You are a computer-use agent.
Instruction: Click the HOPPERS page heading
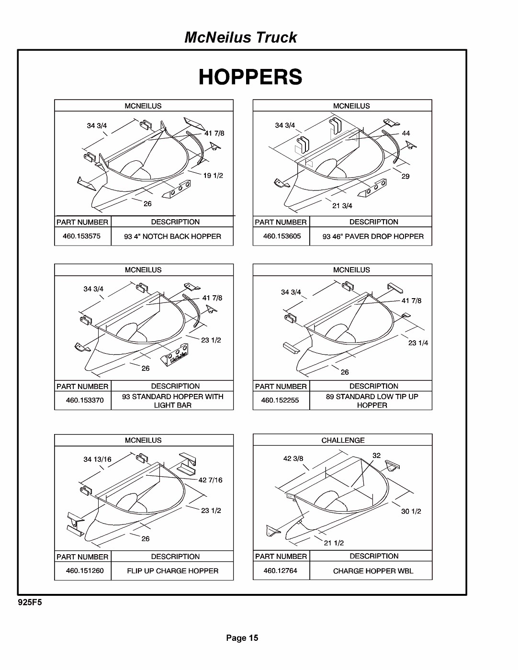[250, 77]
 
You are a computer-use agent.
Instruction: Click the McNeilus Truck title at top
[240, 37]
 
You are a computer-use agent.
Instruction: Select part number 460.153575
[82, 236]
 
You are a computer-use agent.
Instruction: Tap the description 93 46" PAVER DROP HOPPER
[372, 236]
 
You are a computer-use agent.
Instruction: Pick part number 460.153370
[85, 400]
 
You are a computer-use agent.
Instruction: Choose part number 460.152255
[280, 400]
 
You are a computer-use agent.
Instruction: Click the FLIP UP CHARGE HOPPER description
[172, 571]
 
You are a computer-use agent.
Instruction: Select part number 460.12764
[280, 570]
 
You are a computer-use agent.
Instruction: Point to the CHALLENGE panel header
[343, 440]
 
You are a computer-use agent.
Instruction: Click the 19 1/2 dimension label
[213, 176]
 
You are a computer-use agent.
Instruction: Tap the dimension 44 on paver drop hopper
[406, 134]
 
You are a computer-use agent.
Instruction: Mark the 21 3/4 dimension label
[342, 206]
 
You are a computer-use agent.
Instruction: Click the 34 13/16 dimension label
[97, 459]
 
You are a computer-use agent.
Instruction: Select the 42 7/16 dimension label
[211, 480]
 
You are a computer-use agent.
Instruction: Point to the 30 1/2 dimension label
[411, 512]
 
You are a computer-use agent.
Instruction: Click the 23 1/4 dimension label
[418, 343]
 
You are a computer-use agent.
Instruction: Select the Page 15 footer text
[242, 637]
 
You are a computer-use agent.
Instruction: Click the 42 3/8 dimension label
[293, 458]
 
